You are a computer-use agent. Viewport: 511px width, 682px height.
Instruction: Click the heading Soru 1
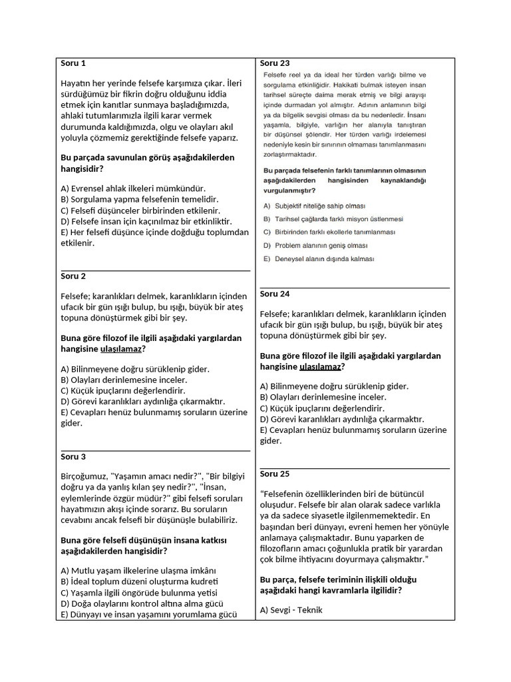click(73, 63)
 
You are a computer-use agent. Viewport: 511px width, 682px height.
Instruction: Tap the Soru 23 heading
click(275, 63)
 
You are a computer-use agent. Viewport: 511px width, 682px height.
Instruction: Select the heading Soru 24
click(275, 294)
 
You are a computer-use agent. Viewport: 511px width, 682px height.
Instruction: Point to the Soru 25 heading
click(275, 474)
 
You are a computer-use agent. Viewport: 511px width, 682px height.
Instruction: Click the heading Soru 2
click(73, 276)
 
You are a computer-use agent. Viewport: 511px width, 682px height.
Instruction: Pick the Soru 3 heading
click(73, 457)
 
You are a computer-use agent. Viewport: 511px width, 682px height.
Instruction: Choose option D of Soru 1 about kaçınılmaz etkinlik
click(145, 221)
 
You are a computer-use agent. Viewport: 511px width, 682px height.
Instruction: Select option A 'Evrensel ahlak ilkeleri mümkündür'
click(132, 188)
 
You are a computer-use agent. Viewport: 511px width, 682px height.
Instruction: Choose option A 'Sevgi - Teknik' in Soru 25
click(291, 609)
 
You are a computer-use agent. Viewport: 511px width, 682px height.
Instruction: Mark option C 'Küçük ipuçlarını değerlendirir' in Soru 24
click(322, 408)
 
